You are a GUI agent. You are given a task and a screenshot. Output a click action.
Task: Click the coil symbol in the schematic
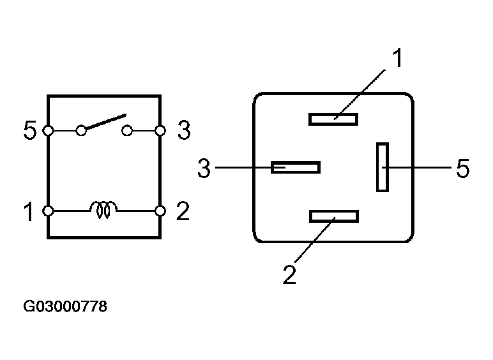click(104, 209)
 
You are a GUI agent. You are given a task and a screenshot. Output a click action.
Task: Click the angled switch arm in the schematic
click(103, 123)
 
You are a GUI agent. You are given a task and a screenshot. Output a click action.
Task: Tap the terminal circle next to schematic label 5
click(47, 131)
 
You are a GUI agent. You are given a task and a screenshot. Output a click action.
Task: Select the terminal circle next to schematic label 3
click(161, 131)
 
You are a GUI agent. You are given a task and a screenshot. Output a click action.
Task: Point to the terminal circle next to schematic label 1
click(47, 211)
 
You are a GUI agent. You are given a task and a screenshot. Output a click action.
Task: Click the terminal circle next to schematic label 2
click(161, 211)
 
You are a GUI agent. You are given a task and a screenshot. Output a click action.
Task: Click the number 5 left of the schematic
click(29, 131)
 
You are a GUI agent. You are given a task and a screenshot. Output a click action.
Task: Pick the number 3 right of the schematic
click(183, 131)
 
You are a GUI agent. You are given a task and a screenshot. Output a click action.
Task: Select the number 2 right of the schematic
click(183, 211)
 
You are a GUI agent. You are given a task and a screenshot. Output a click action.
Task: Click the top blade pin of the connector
click(333, 119)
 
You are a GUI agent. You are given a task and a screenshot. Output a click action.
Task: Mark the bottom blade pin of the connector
click(334, 216)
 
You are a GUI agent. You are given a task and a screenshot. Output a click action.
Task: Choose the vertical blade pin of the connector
click(383, 167)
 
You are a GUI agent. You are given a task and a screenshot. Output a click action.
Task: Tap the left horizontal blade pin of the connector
click(296, 167)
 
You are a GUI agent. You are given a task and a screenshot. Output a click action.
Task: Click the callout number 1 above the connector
click(397, 59)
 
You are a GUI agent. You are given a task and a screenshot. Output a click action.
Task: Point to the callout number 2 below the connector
click(289, 274)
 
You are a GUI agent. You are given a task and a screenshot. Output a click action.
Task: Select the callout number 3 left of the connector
click(204, 169)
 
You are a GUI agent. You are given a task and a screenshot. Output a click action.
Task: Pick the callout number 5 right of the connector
click(462, 169)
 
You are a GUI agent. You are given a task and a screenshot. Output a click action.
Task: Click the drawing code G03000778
click(65, 307)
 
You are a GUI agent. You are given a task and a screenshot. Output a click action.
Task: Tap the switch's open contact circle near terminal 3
click(128, 131)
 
